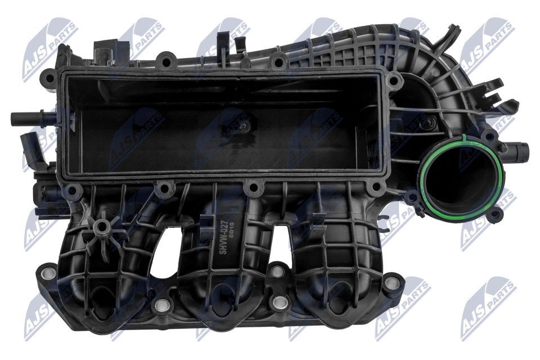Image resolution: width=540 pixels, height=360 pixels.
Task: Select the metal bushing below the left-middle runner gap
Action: [x=162, y=305]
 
